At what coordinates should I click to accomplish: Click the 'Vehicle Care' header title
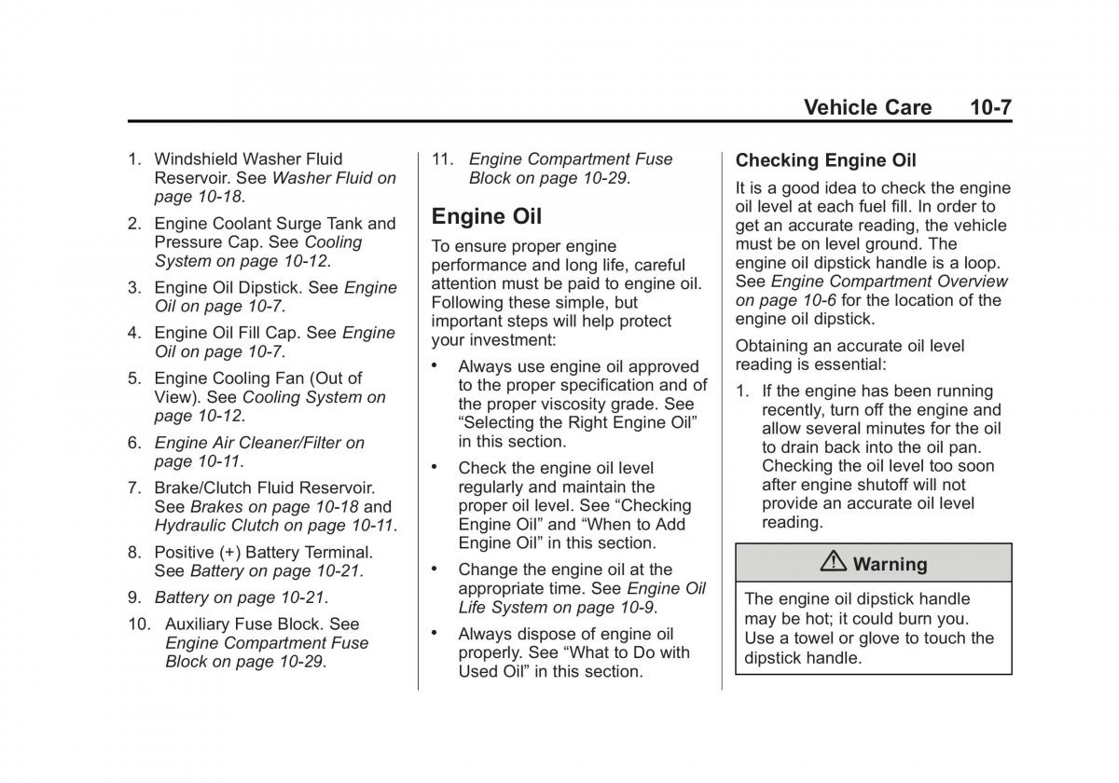click(867, 107)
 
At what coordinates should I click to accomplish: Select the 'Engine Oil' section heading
click(486, 216)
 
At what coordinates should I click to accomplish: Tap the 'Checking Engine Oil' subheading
click(825, 160)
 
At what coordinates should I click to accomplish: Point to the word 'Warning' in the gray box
click(890, 564)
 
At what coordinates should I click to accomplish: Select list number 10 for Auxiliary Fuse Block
click(140, 625)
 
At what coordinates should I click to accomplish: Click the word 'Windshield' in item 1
click(199, 159)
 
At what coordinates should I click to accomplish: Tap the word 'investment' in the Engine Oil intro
click(509, 340)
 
